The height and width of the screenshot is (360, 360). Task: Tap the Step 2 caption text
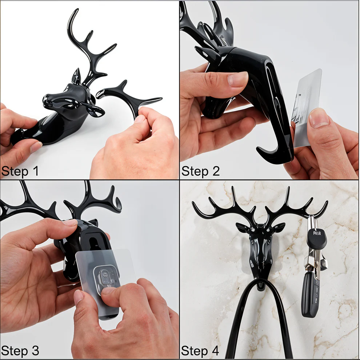coord(200,171)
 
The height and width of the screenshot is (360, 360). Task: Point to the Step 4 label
coord(200,351)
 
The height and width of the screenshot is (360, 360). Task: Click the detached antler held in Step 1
coord(127,96)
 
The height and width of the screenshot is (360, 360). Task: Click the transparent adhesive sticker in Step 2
coord(307,105)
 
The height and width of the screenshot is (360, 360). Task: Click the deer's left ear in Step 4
coord(241,228)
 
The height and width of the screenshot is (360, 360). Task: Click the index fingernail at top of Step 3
coord(70,222)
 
